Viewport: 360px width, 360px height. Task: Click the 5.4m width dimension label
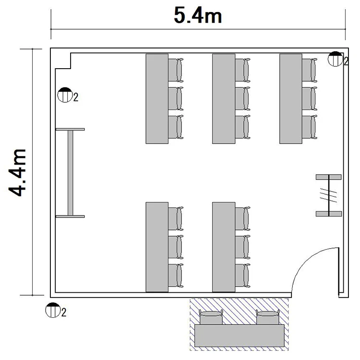pos(198,15)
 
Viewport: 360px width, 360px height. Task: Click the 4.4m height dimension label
pos(17,173)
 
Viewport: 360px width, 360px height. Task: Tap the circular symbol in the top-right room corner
pos(335,59)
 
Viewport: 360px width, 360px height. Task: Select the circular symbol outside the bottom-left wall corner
pos(53,310)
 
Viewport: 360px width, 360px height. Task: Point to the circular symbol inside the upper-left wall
pos(65,95)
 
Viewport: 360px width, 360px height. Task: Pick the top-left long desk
pos(157,99)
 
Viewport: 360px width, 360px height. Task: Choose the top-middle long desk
pos(224,99)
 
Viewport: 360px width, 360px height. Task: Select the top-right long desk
pos(291,99)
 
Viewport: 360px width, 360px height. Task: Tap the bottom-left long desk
pos(157,247)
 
